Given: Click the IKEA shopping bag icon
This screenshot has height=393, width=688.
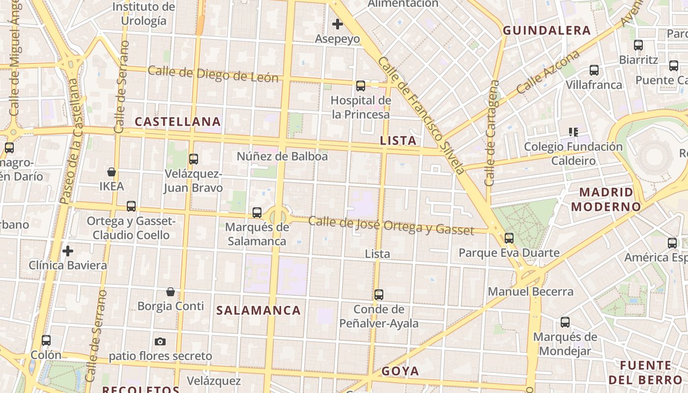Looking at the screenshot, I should click(112, 172).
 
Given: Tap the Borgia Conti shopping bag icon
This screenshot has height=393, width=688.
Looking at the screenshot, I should click(171, 292).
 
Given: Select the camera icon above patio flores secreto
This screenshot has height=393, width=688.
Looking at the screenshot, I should click(160, 341).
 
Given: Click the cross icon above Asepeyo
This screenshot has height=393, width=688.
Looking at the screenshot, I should click(338, 24).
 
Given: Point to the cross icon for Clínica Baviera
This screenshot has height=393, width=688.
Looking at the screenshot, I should click(68, 251).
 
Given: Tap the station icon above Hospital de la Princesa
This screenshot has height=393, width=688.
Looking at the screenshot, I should click(361, 86).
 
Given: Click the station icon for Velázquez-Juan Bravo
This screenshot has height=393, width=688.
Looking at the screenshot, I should click(194, 159).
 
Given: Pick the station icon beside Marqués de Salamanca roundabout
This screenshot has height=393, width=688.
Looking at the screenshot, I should click(257, 213).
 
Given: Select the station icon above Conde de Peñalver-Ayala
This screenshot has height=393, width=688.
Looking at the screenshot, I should click(379, 295).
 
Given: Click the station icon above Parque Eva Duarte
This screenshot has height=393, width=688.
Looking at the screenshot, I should click(509, 238).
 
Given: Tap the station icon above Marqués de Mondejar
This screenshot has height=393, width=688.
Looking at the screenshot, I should click(565, 322).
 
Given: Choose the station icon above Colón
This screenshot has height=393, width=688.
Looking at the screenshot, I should click(46, 340).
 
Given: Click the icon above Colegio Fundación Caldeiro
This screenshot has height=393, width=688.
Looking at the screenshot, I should click(573, 132).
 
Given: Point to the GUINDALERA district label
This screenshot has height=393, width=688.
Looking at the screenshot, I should click(546, 30).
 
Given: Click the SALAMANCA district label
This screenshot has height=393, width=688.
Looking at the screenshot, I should click(258, 310).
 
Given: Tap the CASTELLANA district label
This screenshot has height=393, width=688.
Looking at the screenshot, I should click(178, 121).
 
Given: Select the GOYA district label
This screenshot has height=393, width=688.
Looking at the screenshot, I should click(401, 371).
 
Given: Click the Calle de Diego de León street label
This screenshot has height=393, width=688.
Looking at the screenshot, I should click(213, 74).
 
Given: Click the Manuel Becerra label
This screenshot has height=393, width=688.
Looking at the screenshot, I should click(530, 292).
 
